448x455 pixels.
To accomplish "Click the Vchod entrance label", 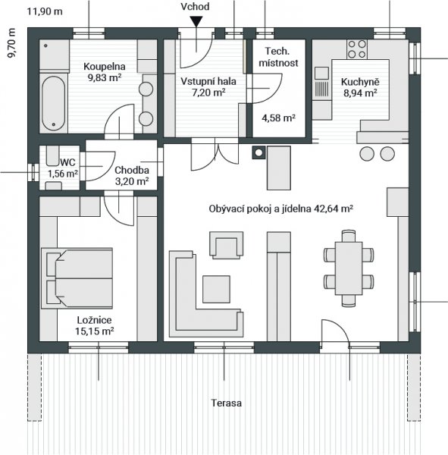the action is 195,6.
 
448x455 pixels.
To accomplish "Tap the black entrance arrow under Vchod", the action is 196,21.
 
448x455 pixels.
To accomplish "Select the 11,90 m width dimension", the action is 45,11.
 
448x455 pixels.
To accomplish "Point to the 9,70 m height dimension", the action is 11,43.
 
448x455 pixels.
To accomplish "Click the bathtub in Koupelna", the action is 53,104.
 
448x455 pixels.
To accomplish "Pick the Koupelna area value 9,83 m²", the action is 105,78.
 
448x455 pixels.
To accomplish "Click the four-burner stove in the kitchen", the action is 357,49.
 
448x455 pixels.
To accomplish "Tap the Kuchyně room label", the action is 360,82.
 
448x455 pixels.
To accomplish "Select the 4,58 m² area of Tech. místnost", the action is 278,118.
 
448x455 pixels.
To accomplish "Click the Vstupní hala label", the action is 208,81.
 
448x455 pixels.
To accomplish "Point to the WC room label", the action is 67,162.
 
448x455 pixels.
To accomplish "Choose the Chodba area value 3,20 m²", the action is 132,181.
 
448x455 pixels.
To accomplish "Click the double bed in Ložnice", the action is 77,278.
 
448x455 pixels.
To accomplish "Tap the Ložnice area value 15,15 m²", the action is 94,331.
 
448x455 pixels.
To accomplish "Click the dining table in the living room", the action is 349,268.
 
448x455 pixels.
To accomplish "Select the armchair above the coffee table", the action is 227,245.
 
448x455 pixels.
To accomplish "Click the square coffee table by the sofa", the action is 217,289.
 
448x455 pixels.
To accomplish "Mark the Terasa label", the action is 227,403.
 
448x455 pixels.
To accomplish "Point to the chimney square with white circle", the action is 258,152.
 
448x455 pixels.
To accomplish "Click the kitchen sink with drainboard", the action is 321,83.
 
